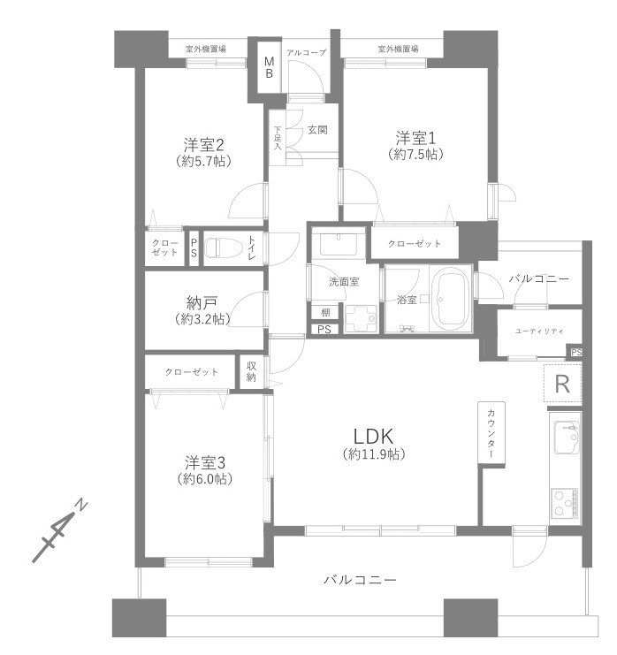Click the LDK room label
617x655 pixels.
pyautogui.click(x=373, y=436)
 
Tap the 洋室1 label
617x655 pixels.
pyautogui.click(x=415, y=138)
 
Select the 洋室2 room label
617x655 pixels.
pyautogui.click(x=202, y=145)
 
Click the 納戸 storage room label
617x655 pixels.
pyautogui.click(x=203, y=301)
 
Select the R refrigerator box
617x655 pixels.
pyautogui.click(x=561, y=384)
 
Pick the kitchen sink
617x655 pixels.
pyautogui.click(x=565, y=438)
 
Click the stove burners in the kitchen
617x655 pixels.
pyautogui.click(x=564, y=502)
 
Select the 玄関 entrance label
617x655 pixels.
pyautogui.click(x=317, y=130)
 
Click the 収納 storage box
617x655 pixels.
pyautogui.click(x=252, y=371)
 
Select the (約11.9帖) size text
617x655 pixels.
pyautogui.click(x=373, y=454)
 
